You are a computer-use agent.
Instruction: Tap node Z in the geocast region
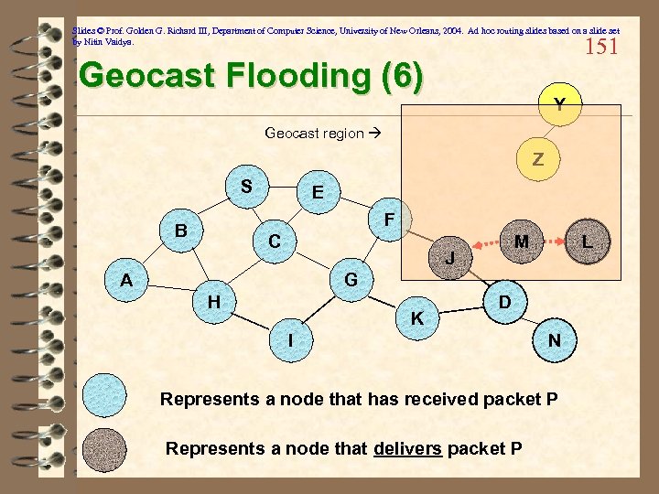[538, 158]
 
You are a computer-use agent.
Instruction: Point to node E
[317, 193]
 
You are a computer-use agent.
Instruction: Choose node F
[389, 220]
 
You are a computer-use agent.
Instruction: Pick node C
[274, 242]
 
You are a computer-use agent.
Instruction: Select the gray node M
[521, 242]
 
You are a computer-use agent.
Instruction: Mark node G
[351, 278]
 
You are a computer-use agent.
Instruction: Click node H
[213, 299]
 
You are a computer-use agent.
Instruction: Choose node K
[416, 317]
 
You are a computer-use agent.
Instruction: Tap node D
[503, 301]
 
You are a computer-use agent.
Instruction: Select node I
[290, 340]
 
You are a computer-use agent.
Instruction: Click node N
[555, 340]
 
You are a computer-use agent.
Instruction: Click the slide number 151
[601, 45]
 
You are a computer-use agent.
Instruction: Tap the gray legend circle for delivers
[104, 449]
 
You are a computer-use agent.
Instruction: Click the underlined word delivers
[407, 448]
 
